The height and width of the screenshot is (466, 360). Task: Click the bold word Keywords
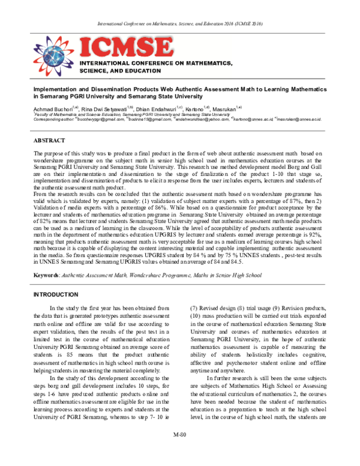pyautogui.click(x=47, y=274)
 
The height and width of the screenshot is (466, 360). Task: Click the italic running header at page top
pyautogui.click(x=180, y=23)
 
